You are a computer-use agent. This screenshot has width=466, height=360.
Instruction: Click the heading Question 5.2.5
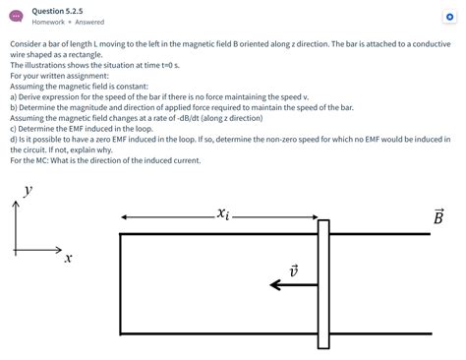click(58, 10)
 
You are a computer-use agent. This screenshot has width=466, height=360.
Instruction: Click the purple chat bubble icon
click(16, 16)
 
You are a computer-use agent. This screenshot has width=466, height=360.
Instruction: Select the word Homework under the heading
click(48, 22)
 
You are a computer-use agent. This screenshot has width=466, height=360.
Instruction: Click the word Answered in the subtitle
click(89, 22)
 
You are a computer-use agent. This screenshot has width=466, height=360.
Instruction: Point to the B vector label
click(437, 215)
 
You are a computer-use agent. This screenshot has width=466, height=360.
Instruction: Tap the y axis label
click(28, 192)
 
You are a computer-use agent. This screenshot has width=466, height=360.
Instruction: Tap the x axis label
click(68, 259)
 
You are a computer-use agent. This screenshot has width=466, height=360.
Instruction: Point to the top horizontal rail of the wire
click(216, 234)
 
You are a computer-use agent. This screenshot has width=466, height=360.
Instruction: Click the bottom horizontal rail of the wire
click(216, 333)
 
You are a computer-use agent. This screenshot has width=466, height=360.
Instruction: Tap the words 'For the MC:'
click(30, 158)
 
